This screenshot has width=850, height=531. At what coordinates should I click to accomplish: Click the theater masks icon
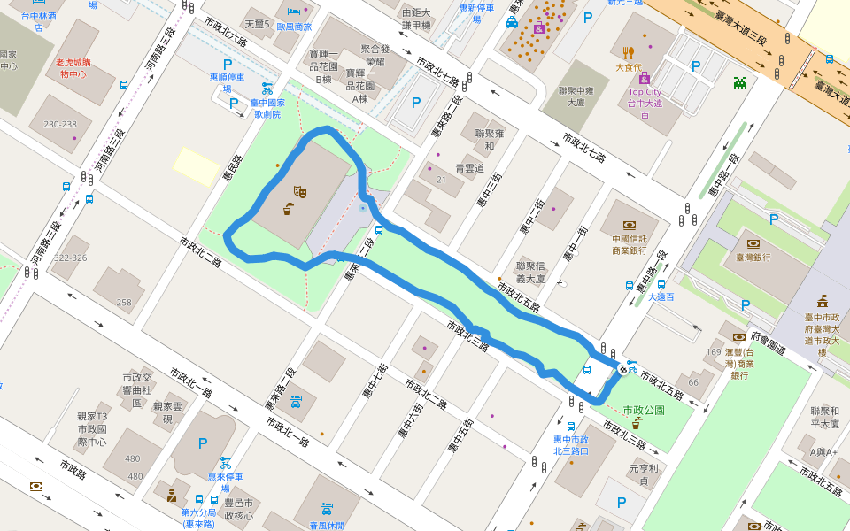[x=299, y=190]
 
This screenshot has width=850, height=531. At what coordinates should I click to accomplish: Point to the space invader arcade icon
[x=740, y=83]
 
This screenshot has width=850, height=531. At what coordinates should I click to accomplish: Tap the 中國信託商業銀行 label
[x=629, y=243]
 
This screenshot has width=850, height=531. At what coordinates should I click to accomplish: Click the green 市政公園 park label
[x=644, y=411]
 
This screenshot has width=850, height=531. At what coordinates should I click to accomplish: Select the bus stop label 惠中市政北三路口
[x=570, y=444]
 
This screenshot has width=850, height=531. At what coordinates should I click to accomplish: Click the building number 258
[x=124, y=303]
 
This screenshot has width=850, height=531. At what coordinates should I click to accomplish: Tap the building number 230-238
[x=60, y=125]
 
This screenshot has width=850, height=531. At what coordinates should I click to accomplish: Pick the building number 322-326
[x=70, y=258]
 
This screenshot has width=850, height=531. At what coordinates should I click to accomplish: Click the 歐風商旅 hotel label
[x=294, y=27]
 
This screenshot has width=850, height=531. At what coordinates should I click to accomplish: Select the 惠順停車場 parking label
[x=227, y=83]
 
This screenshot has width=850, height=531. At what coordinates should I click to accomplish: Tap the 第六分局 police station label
[x=198, y=518]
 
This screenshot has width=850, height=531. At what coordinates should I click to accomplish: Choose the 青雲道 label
[x=469, y=167]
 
